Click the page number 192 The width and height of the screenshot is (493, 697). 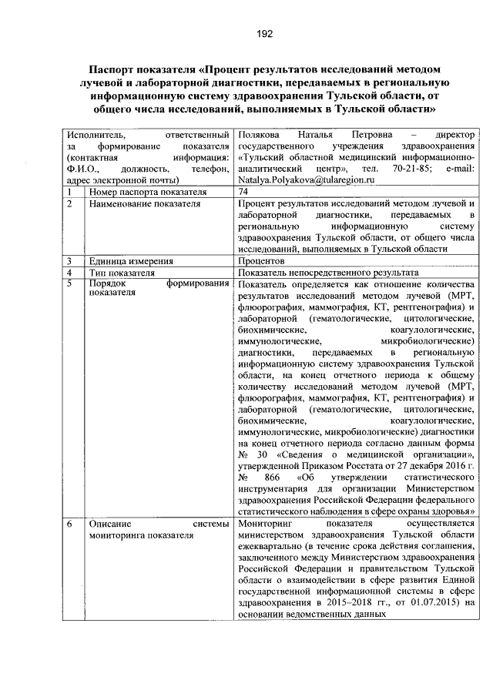[246, 33]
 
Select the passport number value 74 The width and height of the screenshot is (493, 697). [244, 191]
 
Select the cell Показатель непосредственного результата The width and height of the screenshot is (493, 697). [329, 273]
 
